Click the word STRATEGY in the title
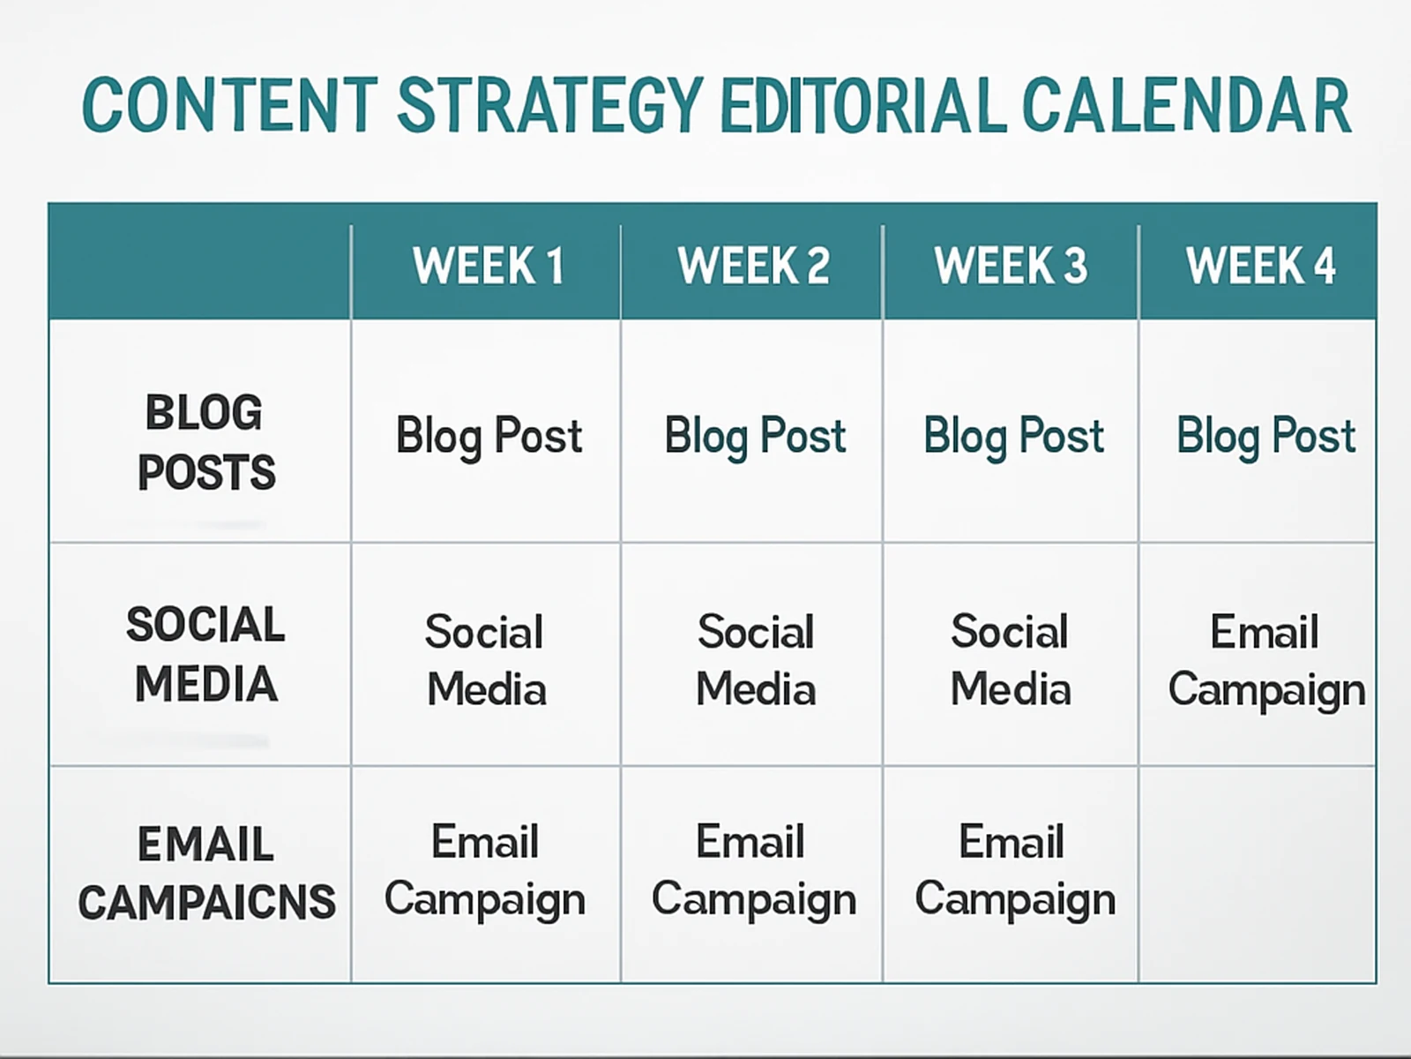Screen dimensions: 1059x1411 (550, 105)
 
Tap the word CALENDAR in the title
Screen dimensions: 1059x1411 (1186, 105)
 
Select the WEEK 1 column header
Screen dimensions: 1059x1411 (488, 266)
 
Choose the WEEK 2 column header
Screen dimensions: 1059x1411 (753, 266)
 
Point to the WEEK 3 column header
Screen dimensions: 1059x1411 (1011, 266)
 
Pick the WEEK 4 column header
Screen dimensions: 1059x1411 (1260, 266)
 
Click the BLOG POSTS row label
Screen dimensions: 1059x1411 (205, 442)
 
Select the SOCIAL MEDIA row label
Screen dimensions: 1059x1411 (205, 654)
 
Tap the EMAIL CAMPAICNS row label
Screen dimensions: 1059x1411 (206, 873)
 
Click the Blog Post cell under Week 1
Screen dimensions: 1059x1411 (489, 436)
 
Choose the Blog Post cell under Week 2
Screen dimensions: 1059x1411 (755, 436)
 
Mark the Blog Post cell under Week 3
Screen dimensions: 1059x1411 (1013, 436)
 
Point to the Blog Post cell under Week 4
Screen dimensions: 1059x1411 (1265, 436)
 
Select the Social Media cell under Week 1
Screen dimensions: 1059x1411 (486, 660)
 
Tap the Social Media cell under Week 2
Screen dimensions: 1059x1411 (756, 660)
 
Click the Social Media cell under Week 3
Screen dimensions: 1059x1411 (1011, 660)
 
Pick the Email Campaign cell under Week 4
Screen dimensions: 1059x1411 (1265, 661)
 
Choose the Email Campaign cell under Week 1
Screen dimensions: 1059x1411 (485, 871)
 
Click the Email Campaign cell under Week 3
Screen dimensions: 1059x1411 (1014, 871)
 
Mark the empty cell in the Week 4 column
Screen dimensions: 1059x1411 (1258, 874)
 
